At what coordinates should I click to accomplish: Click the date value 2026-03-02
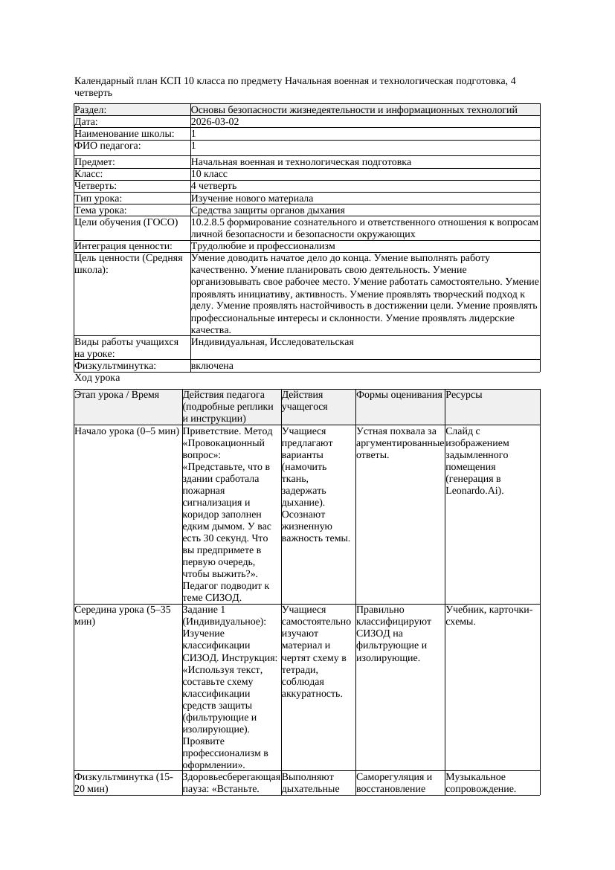(215, 122)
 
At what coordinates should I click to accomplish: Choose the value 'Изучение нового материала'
(252, 199)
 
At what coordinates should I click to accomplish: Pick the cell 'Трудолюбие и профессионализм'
(263, 246)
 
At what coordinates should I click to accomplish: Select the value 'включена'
(212, 366)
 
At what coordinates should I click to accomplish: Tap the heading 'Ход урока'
(97, 378)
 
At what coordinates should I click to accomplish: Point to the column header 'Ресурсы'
(464, 395)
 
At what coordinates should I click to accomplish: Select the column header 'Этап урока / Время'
(117, 395)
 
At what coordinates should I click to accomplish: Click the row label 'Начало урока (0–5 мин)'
(126, 431)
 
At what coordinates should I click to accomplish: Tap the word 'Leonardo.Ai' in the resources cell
(474, 490)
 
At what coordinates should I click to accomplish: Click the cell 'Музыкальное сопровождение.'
(480, 783)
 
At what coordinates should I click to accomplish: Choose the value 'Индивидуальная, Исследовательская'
(272, 342)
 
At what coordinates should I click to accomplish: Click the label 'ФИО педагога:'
(108, 146)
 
